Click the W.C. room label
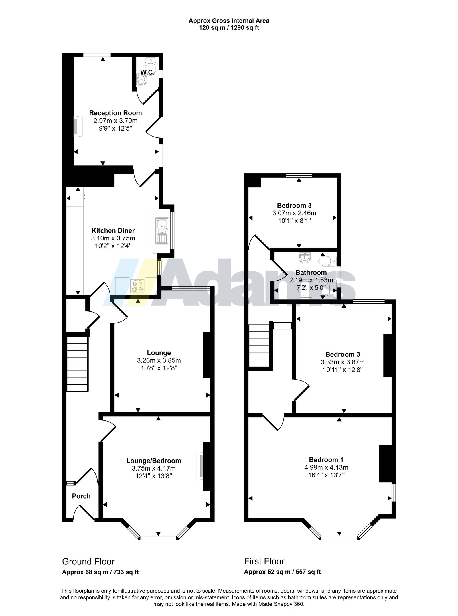(x=147, y=72)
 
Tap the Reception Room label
(x=115, y=113)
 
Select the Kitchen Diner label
(x=113, y=230)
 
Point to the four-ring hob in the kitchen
(x=137, y=286)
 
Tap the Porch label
(x=81, y=496)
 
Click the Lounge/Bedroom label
(x=154, y=461)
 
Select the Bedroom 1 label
(x=326, y=460)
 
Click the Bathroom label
(x=311, y=272)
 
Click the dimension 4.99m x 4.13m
(x=326, y=467)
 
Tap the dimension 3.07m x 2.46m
(x=294, y=213)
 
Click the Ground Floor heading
(x=88, y=562)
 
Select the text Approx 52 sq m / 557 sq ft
(x=282, y=572)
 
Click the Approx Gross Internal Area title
(x=229, y=21)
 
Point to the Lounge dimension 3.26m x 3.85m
(x=159, y=360)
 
